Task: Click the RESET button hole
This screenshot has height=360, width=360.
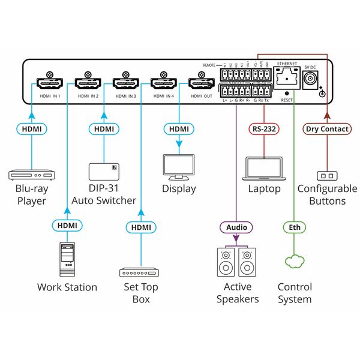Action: pyautogui.click(x=287, y=94)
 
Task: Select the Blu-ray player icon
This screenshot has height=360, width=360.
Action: pyautogui.click(x=31, y=175)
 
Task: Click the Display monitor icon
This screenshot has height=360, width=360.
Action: pyautogui.click(x=179, y=167)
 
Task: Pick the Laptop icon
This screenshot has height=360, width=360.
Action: pyautogui.click(x=265, y=170)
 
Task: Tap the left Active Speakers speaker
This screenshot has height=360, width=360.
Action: pyautogui.click(x=226, y=263)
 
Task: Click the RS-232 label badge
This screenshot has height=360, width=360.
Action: pyautogui.click(x=265, y=128)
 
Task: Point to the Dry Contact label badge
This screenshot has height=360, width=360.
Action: pyautogui.click(x=326, y=128)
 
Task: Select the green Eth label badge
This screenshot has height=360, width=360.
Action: pyautogui.click(x=294, y=227)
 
